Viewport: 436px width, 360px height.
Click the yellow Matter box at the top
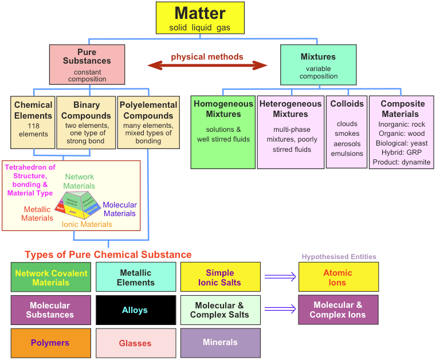(200, 18)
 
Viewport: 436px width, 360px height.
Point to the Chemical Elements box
(33, 122)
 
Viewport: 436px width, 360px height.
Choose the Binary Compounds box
(87, 122)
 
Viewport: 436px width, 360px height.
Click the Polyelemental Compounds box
(148, 122)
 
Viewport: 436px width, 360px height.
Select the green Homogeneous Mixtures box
(223, 132)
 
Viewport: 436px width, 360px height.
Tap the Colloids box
(347, 132)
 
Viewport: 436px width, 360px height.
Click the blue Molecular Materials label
(120, 209)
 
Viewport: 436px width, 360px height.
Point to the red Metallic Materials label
(37, 214)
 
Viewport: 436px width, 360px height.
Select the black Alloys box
(135, 310)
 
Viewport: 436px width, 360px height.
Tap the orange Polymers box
(50, 343)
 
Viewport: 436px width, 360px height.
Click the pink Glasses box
(135, 343)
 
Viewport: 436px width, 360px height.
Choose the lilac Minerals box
(220, 342)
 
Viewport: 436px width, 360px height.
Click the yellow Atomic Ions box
(338, 277)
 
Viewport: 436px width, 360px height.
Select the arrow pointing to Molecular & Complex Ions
(280, 309)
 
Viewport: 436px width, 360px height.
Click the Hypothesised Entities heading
(339, 257)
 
